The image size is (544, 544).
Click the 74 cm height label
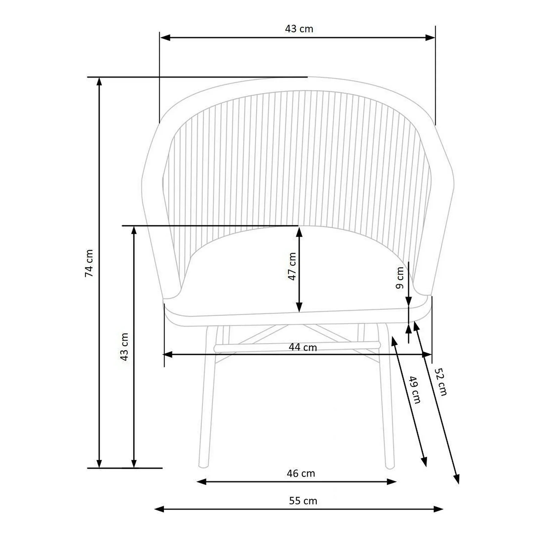[89, 263]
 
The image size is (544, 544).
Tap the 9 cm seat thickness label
[400, 278]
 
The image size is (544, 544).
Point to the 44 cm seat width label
[303, 347]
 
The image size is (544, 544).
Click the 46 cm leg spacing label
[301, 473]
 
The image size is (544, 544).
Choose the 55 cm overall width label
[303, 501]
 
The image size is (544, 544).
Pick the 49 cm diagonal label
[415, 390]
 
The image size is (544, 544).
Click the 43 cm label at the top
[299, 29]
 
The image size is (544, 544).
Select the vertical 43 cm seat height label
[124, 347]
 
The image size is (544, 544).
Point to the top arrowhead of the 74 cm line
[99, 81]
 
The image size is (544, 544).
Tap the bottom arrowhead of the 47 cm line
[299, 307]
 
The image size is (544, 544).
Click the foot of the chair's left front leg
[203, 466]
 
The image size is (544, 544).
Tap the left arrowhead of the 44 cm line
[168, 355]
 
